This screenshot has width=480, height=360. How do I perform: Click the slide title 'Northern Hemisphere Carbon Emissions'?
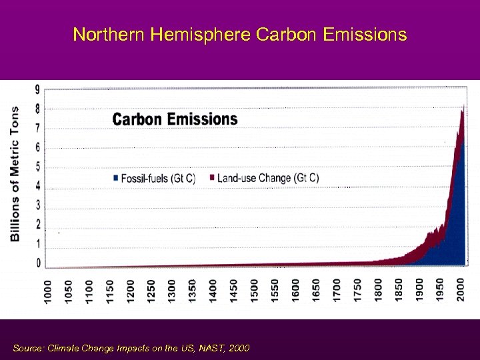(x=239, y=35)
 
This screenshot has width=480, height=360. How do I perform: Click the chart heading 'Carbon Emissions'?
(x=175, y=119)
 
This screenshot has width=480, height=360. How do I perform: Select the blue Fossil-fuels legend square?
(x=115, y=178)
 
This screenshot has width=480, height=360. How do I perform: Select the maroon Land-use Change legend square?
(x=212, y=178)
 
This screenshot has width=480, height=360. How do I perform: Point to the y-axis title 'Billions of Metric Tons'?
(x=15, y=173)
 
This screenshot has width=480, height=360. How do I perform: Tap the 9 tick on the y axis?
(x=37, y=89)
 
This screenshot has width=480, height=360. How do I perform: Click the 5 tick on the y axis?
(x=37, y=166)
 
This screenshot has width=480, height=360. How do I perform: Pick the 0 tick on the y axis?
(x=37, y=263)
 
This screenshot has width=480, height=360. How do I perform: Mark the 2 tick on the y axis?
(x=37, y=224)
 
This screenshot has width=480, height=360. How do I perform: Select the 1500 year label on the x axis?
(x=255, y=292)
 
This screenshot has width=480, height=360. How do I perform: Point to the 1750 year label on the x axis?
(x=357, y=292)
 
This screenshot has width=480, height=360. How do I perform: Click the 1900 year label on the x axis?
(x=419, y=292)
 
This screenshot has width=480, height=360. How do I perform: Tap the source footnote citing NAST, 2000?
(x=131, y=347)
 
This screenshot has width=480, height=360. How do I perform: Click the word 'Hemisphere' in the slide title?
(x=201, y=35)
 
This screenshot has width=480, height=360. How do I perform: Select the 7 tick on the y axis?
(x=37, y=127)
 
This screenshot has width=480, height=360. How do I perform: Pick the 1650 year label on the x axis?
(x=316, y=292)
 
